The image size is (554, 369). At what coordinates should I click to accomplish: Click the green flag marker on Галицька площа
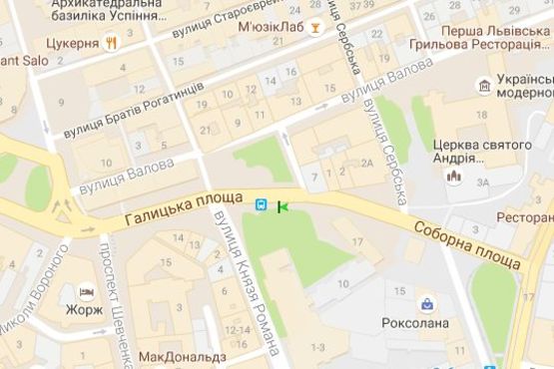click(x=281, y=207)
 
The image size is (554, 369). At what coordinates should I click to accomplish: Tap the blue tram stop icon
click(x=261, y=205)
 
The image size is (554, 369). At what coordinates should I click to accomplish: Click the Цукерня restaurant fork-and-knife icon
click(x=113, y=44)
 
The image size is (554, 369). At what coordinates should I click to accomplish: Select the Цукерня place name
click(x=72, y=44)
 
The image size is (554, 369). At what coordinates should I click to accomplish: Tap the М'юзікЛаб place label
click(x=268, y=27)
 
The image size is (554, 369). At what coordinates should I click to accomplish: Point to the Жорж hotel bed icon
click(x=86, y=292)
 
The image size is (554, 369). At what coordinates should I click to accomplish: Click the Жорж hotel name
click(x=86, y=311)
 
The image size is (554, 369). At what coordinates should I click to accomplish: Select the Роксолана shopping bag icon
click(x=426, y=303)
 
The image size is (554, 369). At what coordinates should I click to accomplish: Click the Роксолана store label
click(x=415, y=323)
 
